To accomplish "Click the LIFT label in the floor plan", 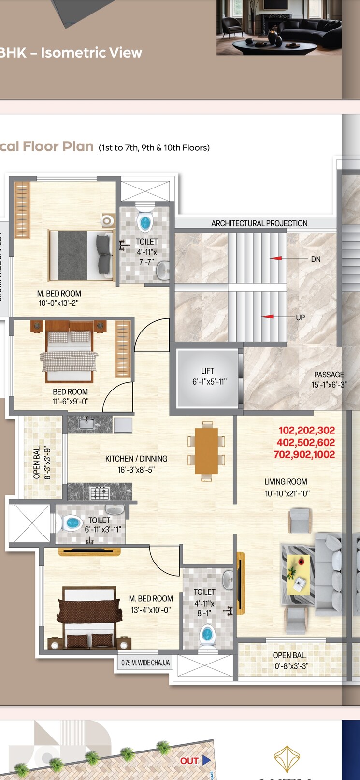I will (207, 371).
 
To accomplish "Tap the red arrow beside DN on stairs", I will (276, 259).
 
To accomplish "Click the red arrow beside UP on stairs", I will (268, 317).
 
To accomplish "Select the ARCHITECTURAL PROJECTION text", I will (259, 223).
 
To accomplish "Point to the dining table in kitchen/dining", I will (206, 451).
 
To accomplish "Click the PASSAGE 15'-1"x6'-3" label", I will (329, 379).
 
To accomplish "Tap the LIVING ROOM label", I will (286, 482).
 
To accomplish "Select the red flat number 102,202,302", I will (306, 430).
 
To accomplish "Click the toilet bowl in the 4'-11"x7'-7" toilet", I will (145, 222).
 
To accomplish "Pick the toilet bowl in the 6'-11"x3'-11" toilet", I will (72, 523).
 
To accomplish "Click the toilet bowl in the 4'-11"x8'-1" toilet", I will (207, 633).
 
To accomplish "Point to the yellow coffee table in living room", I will (298, 574).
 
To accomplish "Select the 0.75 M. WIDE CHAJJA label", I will (145, 663).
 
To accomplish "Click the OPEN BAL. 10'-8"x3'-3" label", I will (290, 661).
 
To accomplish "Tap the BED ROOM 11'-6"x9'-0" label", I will (71, 396).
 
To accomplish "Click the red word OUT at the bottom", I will (189, 761).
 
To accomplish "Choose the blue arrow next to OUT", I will (207, 760).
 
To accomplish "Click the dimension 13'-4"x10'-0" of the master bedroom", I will (151, 610).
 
